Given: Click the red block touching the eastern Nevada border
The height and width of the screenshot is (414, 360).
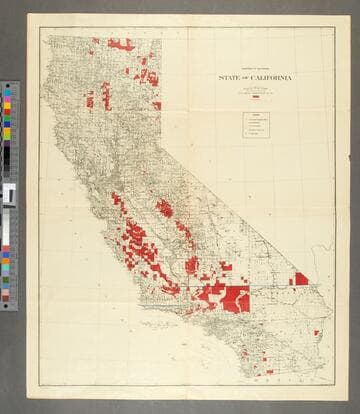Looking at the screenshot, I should (299, 279).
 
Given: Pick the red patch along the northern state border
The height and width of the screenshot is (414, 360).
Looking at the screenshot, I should (120, 44).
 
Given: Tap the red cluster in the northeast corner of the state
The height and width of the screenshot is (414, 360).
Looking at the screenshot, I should (150, 74).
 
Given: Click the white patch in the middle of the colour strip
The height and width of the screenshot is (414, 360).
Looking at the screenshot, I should (8, 194).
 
